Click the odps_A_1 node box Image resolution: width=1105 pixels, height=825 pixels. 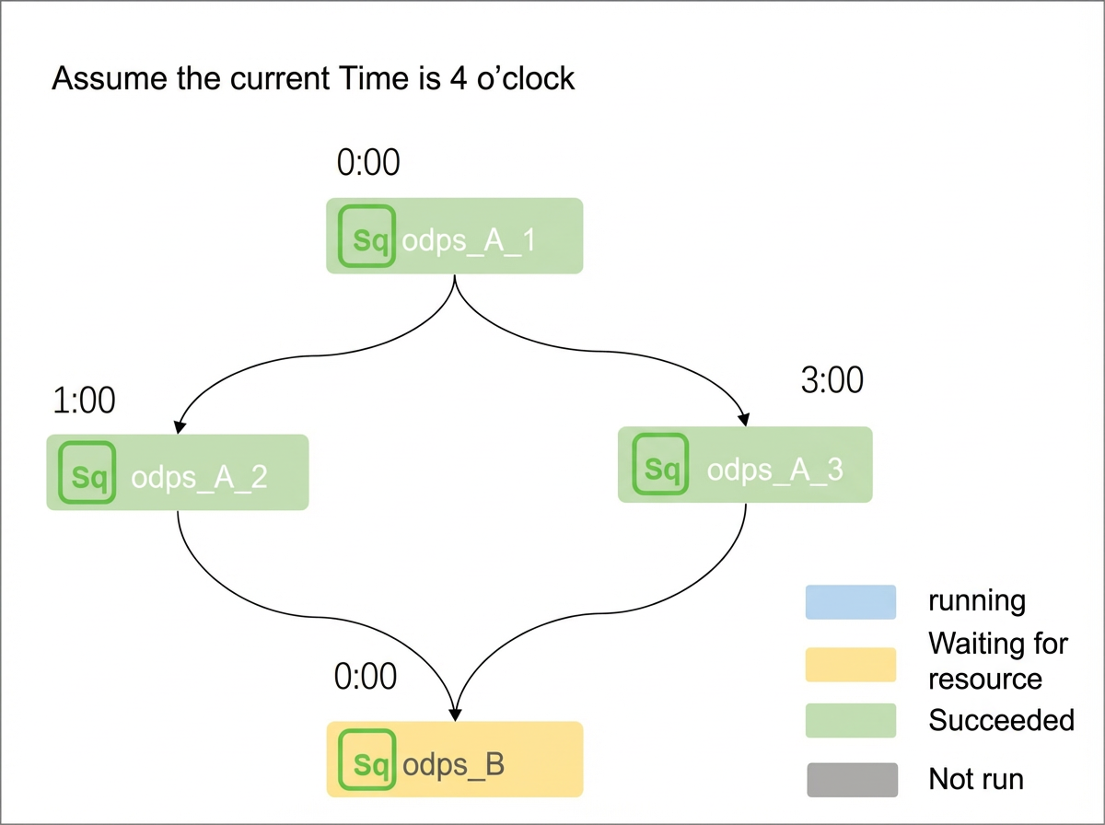(455, 236)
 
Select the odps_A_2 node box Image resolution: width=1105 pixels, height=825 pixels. (178, 472)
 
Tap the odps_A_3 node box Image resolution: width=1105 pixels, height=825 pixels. (745, 465)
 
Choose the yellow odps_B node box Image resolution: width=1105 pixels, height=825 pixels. (455, 759)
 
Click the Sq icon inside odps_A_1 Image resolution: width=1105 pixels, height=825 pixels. (366, 236)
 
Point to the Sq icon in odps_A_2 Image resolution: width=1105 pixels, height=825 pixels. (87, 472)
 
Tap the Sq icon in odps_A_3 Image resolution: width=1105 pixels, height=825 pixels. (660, 464)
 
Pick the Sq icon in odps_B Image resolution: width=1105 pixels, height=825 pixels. (367, 760)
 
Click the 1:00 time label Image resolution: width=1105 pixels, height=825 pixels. (84, 401)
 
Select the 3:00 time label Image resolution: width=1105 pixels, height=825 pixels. (832, 380)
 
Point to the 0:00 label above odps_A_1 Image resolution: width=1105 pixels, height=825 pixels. (368, 163)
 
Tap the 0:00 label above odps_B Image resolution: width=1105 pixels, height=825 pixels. (366, 677)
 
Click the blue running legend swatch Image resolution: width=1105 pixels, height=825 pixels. (851, 602)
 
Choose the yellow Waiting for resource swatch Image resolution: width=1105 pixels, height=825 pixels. (851, 665)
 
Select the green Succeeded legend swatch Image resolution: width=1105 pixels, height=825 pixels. (851, 720)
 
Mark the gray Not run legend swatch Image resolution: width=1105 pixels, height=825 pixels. (853, 780)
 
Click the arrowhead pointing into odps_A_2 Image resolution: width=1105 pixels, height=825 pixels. (179, 426)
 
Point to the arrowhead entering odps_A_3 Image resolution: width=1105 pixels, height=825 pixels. (745, 419)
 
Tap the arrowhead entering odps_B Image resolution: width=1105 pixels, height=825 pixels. (455, 715)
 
